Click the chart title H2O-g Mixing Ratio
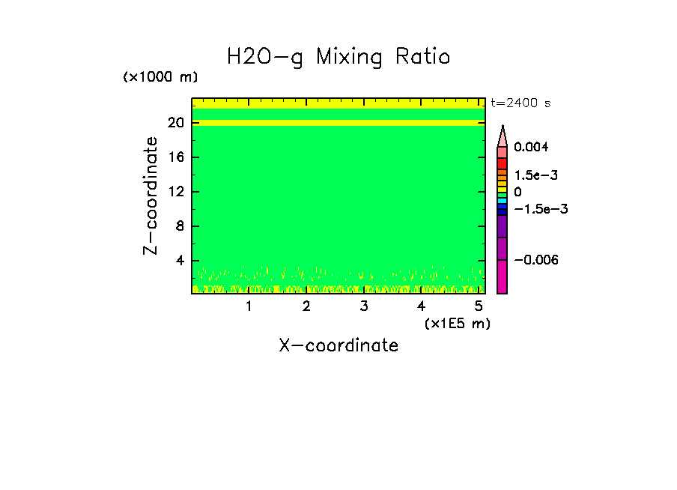(x=338, y=56)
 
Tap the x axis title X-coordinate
(x=338, y=345)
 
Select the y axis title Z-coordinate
(x=151, y=196)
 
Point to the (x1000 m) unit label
(x=160, y=77)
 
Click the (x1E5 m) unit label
(x=457, y=323)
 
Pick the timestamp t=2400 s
(x=520, y=103)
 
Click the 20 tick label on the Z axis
(x=176, y=123)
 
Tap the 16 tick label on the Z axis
(x=176, y=157)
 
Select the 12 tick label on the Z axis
(x=176, y=192)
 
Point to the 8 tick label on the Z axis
(x=180, y=226)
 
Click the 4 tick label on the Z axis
(x=180, y=261)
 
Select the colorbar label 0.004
(x=531, y=147)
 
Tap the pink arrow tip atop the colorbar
(x=503, y=135)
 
